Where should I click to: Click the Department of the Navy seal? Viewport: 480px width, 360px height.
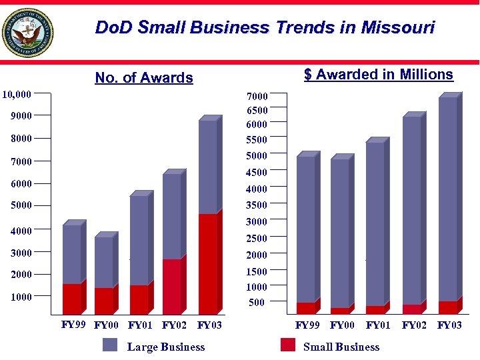[x=27, y=32]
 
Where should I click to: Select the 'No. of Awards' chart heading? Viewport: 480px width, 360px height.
[x=144, y=78]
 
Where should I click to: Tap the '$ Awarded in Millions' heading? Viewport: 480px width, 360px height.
[x=378, y=75]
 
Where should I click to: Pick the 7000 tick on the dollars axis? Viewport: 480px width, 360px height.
[x=257, y=97]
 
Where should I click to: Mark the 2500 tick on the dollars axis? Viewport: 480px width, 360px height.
[x=257, y=238]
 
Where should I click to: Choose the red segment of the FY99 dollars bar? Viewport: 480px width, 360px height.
[x=305, y=308]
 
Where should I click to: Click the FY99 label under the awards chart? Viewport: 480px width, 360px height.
[x=73, y=325]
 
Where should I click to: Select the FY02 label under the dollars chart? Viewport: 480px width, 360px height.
[x=414, y=325]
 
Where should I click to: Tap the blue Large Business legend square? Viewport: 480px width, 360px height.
[x=110, y=345]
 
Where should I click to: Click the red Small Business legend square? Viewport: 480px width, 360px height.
[x=288, y=345]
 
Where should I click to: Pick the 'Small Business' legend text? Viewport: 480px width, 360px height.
[x=341, y=347]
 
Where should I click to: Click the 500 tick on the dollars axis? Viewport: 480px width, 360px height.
[x=257, y=303]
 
